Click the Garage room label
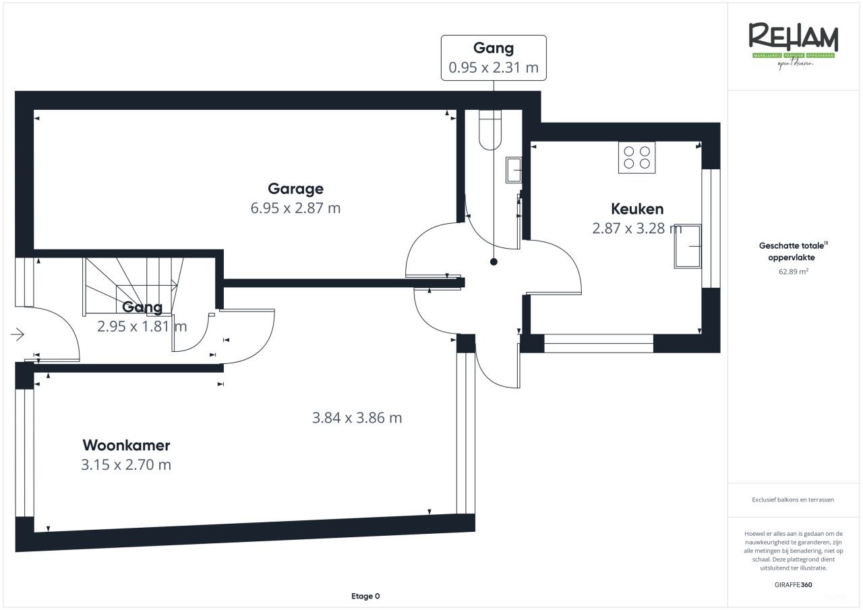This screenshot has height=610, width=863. pos(295,189)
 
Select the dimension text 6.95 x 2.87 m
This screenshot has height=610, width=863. pos(295,208)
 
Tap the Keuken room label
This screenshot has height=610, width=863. pos(637,208)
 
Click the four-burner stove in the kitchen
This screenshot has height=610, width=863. pos(636,158)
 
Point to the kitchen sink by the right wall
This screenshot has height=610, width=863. pos(687,245)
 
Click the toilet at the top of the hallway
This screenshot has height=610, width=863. pos(490,129)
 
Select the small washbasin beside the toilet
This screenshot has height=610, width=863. pos(514,170)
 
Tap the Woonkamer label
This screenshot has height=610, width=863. pos(126,446)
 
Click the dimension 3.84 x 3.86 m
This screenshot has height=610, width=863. pos(357,418)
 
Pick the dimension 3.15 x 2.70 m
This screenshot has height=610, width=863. pos(126,465)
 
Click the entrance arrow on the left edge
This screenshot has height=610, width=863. pos(18,334)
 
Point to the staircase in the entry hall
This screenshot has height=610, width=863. pos(131,283)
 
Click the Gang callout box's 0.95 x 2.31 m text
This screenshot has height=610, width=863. pos(494,67)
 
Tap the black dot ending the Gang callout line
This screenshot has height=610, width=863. pos(494,262)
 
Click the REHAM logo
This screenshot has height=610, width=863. pos(793,42)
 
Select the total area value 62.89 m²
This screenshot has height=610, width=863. pos(793,272)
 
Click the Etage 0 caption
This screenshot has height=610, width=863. pos(365,596)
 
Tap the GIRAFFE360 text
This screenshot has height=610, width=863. pos(793,585)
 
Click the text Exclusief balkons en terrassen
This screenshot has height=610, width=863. pos(793,500)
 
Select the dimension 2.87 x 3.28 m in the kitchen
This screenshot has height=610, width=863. pos(637,228)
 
